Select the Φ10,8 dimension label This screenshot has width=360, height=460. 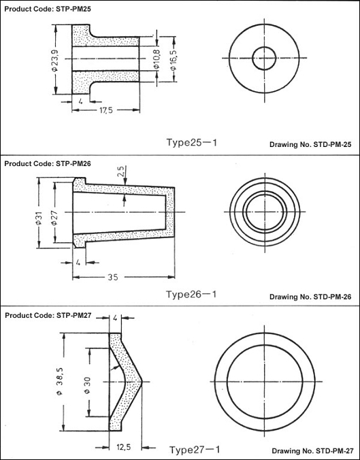(157, 59)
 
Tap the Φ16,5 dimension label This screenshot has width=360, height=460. (174, 59)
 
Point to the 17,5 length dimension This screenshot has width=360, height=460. (106, 110)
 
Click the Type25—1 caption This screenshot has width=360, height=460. (192, 143)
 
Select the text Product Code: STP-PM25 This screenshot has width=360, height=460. (48, 9)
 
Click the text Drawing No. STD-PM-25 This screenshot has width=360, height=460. (310, 145)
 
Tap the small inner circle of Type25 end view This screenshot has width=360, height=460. (264, 58)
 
